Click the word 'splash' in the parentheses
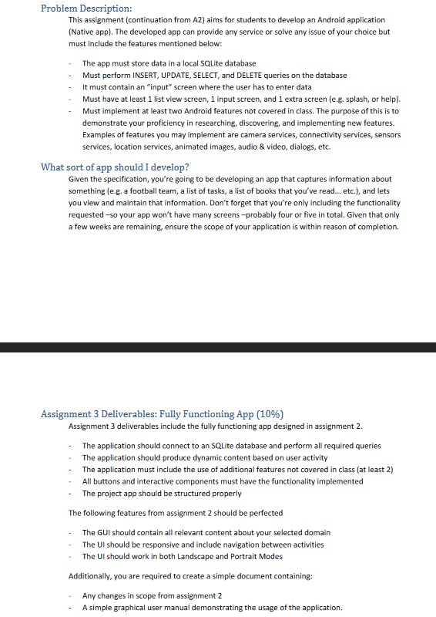(x=356, y=99)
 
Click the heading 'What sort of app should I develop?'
(x=115, y=167)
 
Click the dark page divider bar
(x=218, y=347)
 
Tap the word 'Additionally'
(x=90, y=575)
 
